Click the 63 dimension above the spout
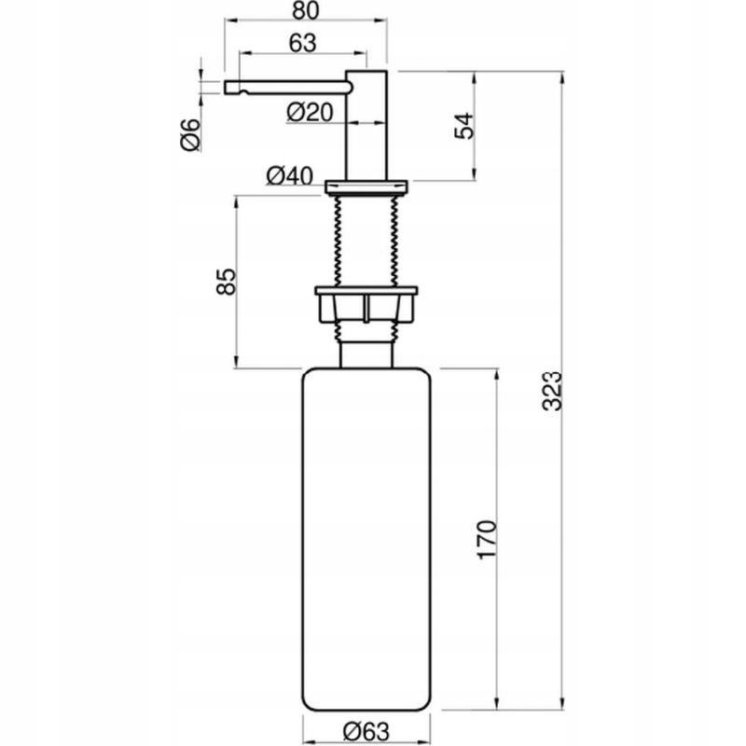click(x=302, y=43)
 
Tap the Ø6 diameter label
click(x=189, y=135)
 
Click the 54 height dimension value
click(x=463, y=126)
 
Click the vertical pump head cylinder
click(x=366, y=121)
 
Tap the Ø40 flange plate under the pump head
click(x=366, y=185)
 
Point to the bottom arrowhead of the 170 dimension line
click(x=497, y=705)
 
